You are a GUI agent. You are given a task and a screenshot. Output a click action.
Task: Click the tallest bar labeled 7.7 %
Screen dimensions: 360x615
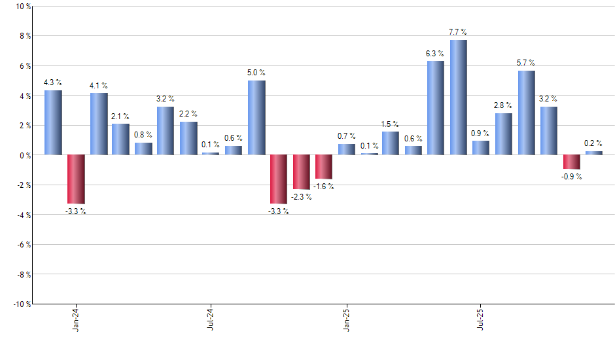(458, 98)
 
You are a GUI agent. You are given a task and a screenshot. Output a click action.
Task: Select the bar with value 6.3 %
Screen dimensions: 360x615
(436, 108)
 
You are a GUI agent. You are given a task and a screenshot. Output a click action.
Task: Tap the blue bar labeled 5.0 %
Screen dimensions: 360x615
(256, 118)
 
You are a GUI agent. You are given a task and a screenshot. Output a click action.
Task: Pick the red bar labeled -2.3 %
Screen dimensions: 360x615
(302, 172)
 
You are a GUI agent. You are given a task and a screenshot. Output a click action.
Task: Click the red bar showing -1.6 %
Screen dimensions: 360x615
(324, 167)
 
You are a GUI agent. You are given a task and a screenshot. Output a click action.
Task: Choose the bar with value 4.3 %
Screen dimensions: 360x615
(53, 122)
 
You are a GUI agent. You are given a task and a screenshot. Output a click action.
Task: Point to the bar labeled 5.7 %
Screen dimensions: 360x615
(526, 113)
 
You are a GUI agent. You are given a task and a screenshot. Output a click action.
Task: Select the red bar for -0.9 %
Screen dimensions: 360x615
(571, 162)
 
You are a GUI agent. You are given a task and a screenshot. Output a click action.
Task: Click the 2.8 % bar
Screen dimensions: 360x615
(504, 134)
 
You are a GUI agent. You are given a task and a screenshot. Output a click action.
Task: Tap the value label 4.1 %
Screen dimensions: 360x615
(99, 86)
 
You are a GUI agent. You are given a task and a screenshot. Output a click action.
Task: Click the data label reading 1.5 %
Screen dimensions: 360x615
(391, 124)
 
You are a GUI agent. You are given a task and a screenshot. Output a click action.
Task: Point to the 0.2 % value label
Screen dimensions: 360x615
(593, 144)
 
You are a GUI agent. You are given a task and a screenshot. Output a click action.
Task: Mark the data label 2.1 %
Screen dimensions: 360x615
(121, 117)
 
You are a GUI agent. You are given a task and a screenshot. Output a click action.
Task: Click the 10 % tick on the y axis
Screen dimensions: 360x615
(22, 7)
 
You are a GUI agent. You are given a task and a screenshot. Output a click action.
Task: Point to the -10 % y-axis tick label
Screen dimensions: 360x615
(21, 304)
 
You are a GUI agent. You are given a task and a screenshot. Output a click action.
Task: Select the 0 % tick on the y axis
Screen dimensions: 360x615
(24, 155)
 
